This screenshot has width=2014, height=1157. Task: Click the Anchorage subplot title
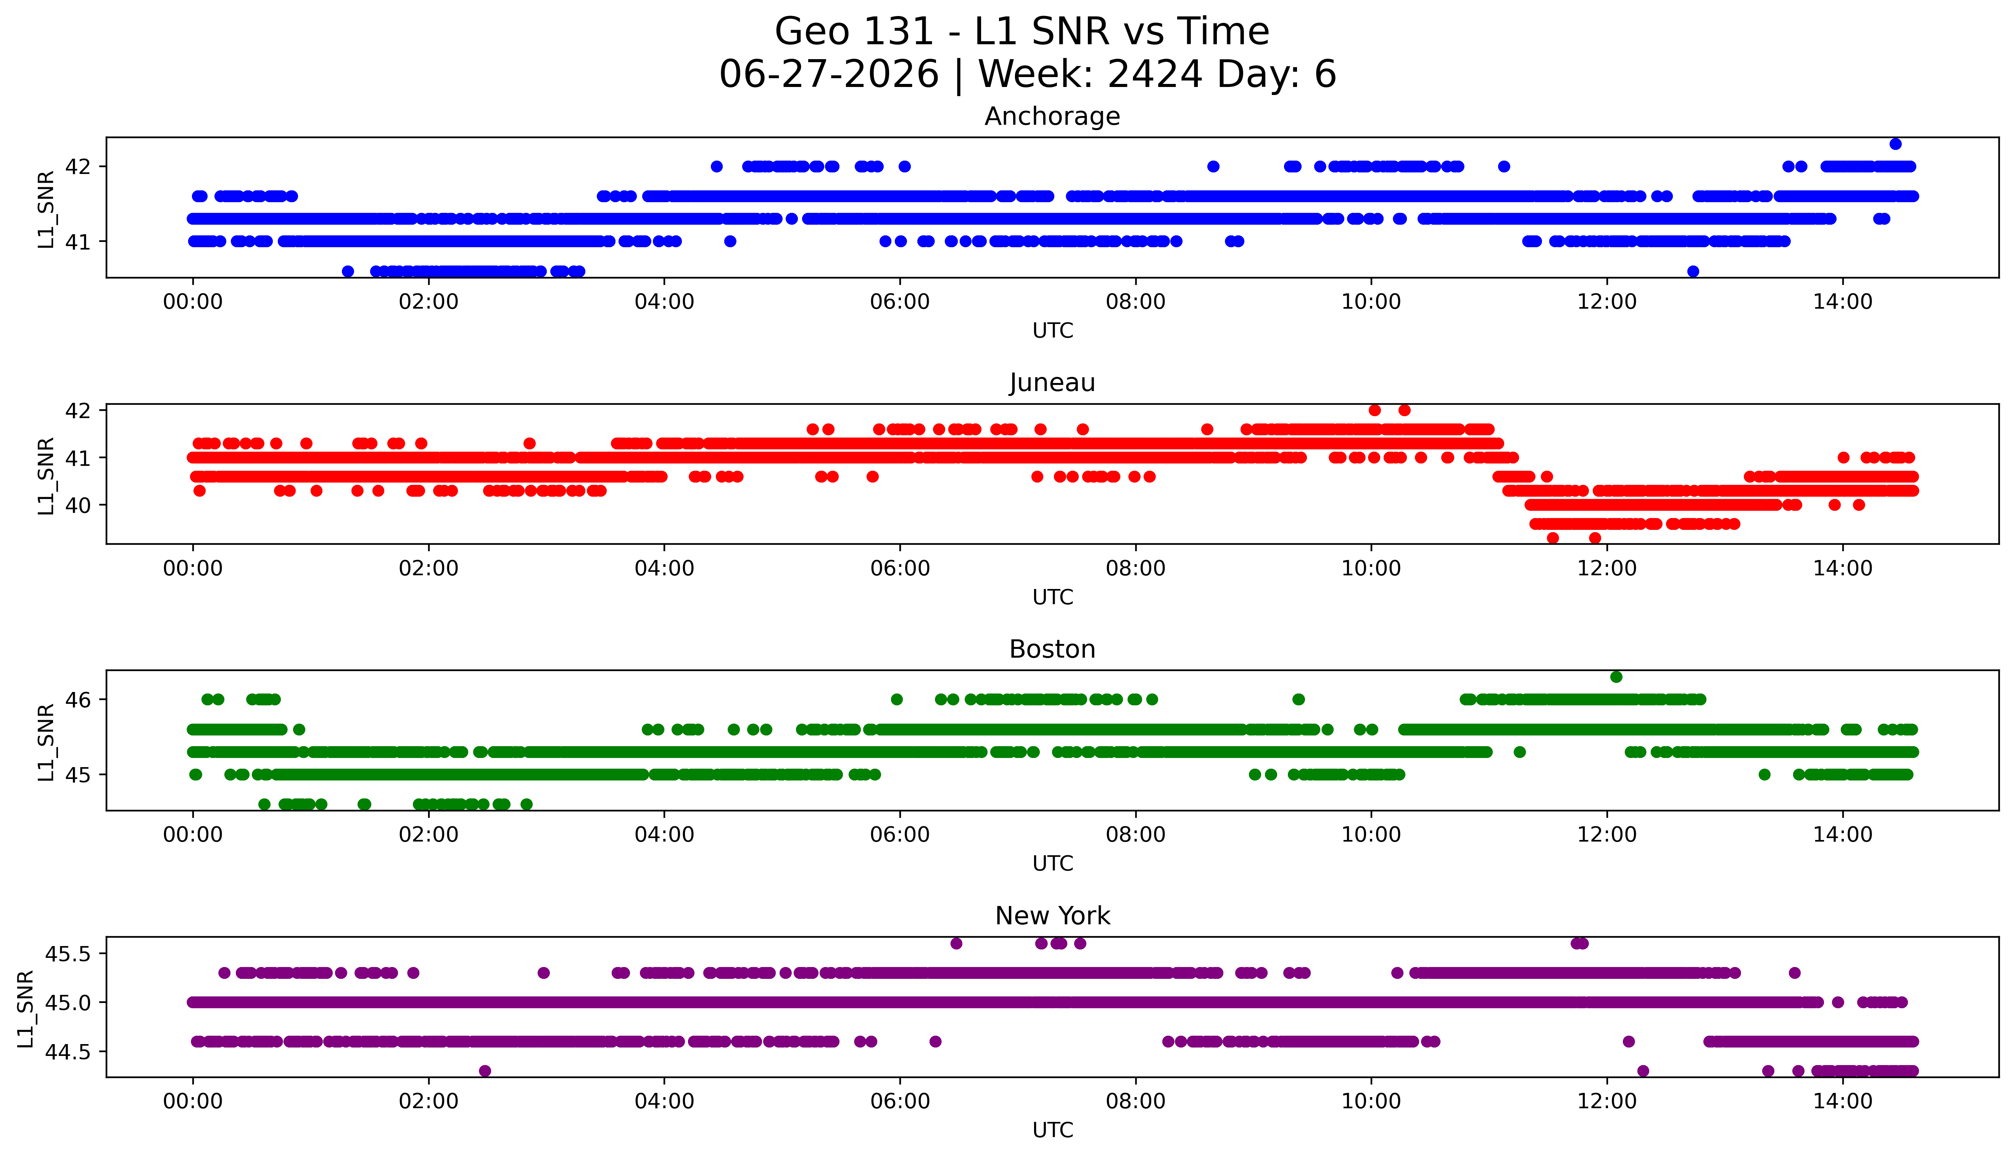1052,117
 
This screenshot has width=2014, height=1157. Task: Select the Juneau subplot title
1052,383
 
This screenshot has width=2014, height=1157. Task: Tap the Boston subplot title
1052,649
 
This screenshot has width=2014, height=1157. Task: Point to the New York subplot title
1052,916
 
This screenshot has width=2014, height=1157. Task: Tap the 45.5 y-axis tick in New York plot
68,954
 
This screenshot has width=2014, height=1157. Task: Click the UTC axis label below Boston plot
1052,864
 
